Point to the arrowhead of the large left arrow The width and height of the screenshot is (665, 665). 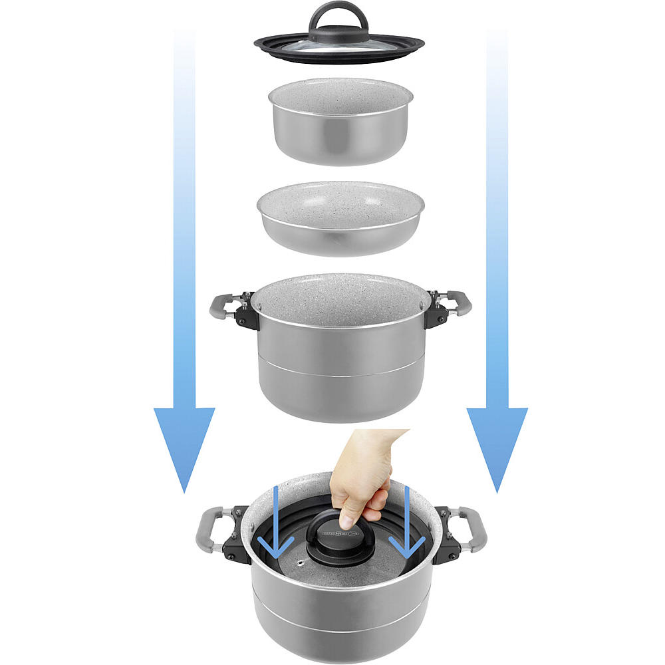[x=184, y=446]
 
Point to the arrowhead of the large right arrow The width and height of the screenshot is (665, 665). [x=497, y=446]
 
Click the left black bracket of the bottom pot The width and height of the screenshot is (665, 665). [x=237, y=541]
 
